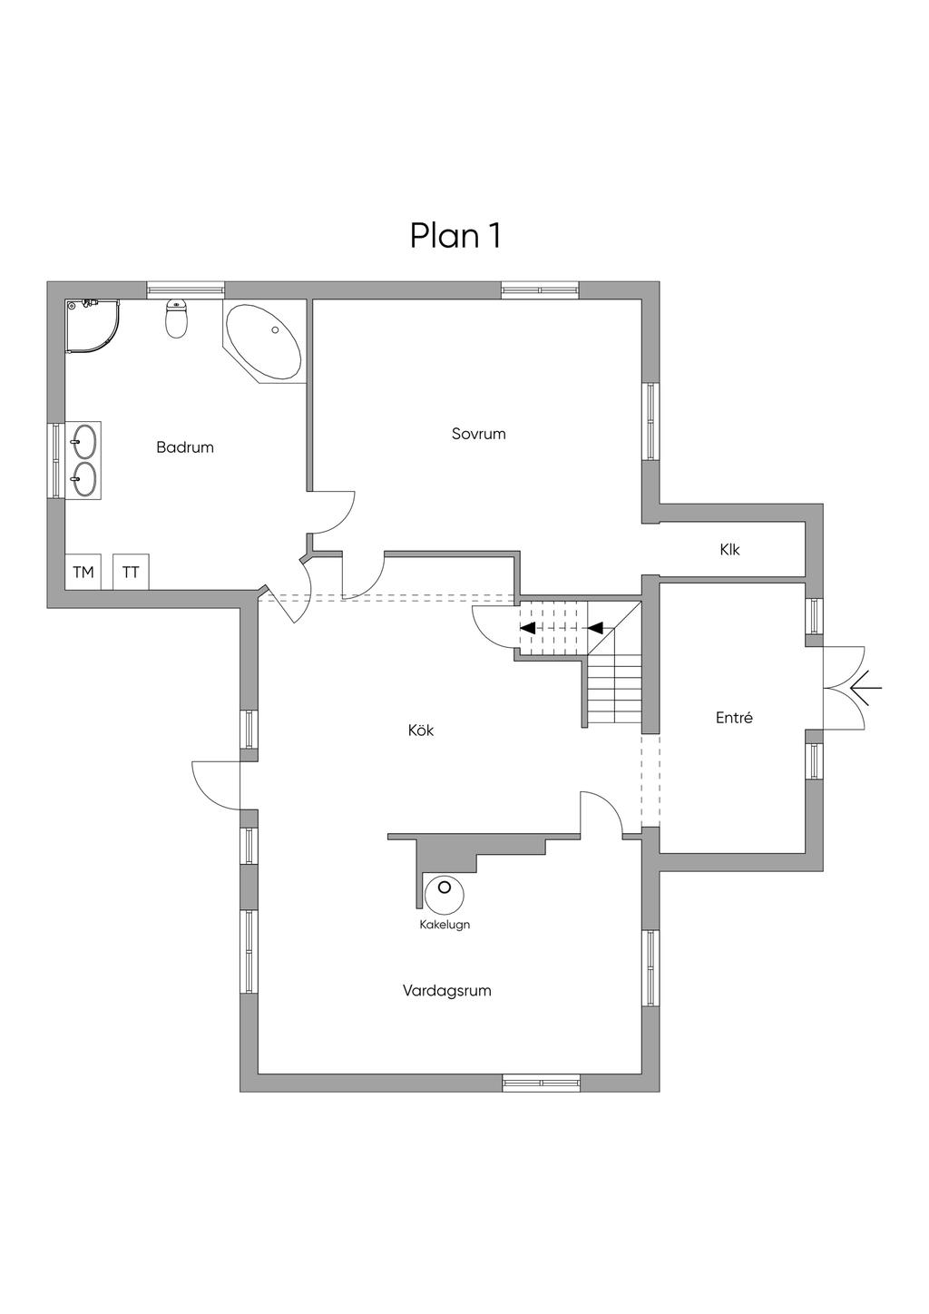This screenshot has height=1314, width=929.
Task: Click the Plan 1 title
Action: (x=455, y=236)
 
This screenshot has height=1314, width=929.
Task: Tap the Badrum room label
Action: (x=185, y=447)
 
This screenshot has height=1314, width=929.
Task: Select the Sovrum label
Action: (x=479, y=434)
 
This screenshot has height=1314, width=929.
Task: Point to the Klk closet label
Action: (x=729, y=550)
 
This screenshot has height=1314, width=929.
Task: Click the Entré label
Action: (x=734, y=718)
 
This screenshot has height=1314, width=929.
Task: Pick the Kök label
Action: (x=421, y=731)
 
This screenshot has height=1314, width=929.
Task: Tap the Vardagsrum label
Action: (x=447, y=991)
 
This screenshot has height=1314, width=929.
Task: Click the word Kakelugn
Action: (x=445, y=925)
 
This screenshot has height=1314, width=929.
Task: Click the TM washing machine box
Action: (x=83, y=572)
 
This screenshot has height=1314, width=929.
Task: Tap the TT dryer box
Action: (x=131, y=572)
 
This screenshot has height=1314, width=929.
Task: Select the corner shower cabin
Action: (x=93, y=326)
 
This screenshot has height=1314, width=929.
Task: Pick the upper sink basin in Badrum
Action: (x=83, y=440)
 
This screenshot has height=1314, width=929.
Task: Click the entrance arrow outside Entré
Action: (x=864, y=688)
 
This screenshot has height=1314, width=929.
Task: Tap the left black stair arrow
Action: (x=527, y=628)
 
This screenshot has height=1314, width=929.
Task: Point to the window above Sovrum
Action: (x=540, y=289)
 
